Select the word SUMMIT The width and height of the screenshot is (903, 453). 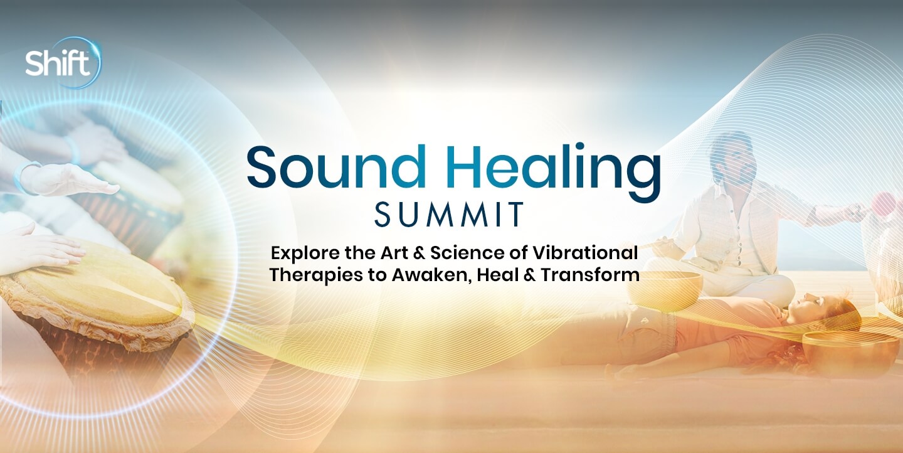click(450, 214)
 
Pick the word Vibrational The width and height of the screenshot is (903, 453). click(585, 253)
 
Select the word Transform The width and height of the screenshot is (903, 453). click(590, 275)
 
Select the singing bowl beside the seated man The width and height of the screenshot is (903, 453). click(665, 291)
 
